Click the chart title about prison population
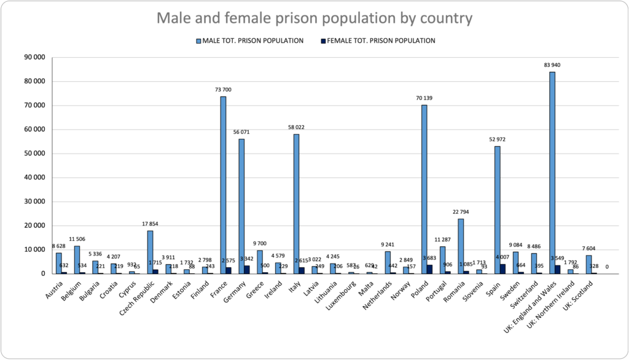point(314,18)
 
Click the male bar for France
point(224,184)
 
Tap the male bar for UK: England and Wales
point(552,173)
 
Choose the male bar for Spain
point(498,209)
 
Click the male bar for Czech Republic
point(150,252)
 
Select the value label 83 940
point(552,65)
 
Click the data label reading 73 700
point(223,90)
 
